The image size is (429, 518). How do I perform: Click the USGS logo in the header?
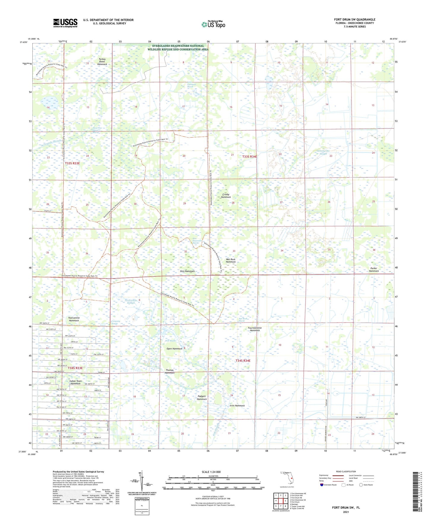click(x=65, y=23)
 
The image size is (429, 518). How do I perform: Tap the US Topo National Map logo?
click(x=213, y=24)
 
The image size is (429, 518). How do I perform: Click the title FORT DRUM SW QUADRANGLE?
click(x=354, y=20)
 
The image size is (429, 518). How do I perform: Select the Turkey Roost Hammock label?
click(x=102, y=62)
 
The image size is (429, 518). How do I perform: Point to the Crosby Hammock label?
click(x=226, y=196)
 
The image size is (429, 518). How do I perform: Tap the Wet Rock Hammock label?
click(x=230, y=260)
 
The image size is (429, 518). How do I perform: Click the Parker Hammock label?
click(x=374, y=270)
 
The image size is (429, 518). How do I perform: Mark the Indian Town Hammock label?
click(x=75, y=382)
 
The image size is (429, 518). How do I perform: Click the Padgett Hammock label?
click(x=202, y=398)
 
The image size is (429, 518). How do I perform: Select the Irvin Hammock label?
click(x=237, y=406)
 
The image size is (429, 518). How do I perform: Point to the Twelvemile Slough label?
click(x=131, y=301)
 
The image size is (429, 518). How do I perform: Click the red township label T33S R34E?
click(x=249, y=156)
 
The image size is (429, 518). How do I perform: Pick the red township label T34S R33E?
click(x=75, y=368)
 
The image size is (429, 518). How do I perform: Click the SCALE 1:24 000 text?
click(x=211, y=472)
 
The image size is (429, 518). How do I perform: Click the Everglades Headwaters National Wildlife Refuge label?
click(x=178, y=47)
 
